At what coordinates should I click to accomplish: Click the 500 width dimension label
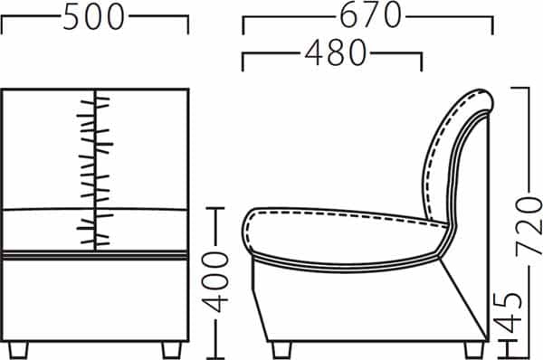click(x=93, y=16)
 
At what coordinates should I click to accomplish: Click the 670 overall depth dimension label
click(x=370, y=15)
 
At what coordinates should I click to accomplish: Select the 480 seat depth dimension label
click(x=335, y=52)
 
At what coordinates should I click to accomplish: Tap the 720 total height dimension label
click(x=529, y=226)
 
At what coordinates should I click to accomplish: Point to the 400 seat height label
click(x=215, y=282)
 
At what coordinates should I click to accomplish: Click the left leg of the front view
click(x=18, y=350)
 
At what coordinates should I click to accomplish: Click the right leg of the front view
click(x=172, y=350)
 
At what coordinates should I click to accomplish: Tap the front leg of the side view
click(x=281, y=350)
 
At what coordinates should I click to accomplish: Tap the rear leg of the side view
click(x=474, y=350)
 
